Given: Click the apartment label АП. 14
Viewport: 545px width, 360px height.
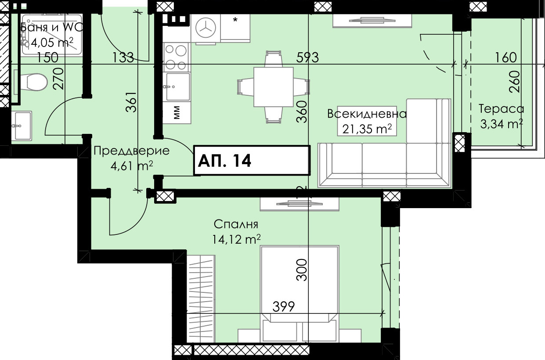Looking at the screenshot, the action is click(x=224, y=161).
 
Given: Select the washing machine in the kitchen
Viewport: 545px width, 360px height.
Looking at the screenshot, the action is click(x=206, y=28).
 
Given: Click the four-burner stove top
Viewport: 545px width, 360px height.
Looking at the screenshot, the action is click(x=176, y=57).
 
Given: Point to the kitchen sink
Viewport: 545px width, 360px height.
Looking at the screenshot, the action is click(x=177, y=87).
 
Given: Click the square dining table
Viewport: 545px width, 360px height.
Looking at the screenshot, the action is click(x=273, y=87).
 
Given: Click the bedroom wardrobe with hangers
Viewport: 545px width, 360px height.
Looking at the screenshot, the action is click(x=201, y=299).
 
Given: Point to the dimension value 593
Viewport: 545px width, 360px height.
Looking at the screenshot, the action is click(x=307, y=58).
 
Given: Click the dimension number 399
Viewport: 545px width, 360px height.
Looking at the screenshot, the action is click(x=283, y=306).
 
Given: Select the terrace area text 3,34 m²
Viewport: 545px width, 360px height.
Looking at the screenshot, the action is click(x=502, y=124).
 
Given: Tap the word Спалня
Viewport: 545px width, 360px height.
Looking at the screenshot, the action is click(x=236, y=224).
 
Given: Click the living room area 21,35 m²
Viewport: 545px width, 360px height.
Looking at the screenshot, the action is click(x=367, y=129).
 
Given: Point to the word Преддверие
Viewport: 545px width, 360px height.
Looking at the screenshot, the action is click(x=131, y=151).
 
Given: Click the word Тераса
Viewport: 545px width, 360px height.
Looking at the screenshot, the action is click(x=501, y=109).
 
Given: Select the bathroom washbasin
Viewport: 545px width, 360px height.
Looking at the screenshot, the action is click(x=22, y=126).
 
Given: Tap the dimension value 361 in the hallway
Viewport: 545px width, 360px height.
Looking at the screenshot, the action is click(x=131, y=102).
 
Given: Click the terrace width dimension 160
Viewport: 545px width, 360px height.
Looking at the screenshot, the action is click(x=506, y=58).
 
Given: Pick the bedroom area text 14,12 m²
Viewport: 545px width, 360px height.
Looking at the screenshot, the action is click(x=237, y=239).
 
